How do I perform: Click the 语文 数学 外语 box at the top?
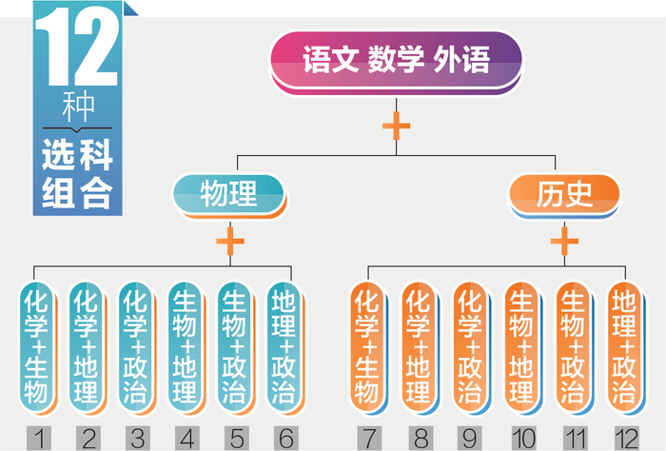click(x=396, y=61)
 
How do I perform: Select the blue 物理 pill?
click(x=228, y=195)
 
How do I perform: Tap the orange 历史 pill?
click(x=563, y=195)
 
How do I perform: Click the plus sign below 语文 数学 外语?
click(x=396, y=125)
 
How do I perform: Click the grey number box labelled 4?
click(x=185, y=437)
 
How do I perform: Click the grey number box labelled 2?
click(x=87, y=437)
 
